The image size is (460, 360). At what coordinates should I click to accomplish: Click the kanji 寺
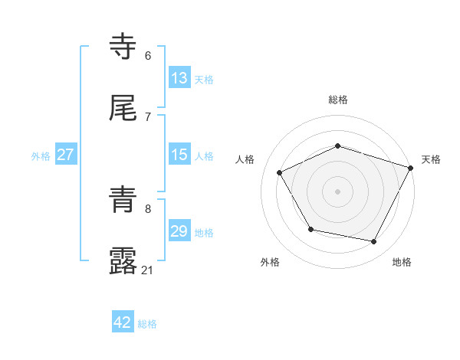click(x=123, y=47)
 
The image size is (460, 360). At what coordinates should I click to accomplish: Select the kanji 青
click(x=123, y=201)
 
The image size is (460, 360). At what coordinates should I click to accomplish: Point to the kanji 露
click(x=123, y=261)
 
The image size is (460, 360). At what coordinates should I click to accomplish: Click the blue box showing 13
click(x=179, y=78)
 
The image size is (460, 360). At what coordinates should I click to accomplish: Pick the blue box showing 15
click(x=179, y=155)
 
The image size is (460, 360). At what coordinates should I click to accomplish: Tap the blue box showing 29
click(x=179, y=231)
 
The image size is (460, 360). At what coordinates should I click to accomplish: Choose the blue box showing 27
click(x=66, y=155)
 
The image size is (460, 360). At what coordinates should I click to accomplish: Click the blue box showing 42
click(x=123, y=322)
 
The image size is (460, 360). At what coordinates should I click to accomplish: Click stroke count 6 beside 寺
click(x=148, y=55)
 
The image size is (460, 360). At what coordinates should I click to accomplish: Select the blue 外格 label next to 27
click(x=41, y=155)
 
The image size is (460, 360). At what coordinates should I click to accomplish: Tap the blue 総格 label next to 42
click(x=147, y=324)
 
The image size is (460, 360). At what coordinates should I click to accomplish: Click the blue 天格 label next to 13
click(x=204, y=79)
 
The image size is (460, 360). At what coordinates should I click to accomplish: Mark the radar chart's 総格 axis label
click(x=338, y=100)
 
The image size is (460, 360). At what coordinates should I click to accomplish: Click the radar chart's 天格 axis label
click(x=431, y=159)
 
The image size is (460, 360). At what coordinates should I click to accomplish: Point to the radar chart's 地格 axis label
click(x=402, y=262)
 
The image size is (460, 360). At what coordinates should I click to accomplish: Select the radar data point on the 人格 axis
click(x=279, y=173)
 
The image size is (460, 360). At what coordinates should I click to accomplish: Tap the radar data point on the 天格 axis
click(x=412, y=168)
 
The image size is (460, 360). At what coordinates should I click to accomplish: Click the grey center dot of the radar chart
click(x=337, y=191)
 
